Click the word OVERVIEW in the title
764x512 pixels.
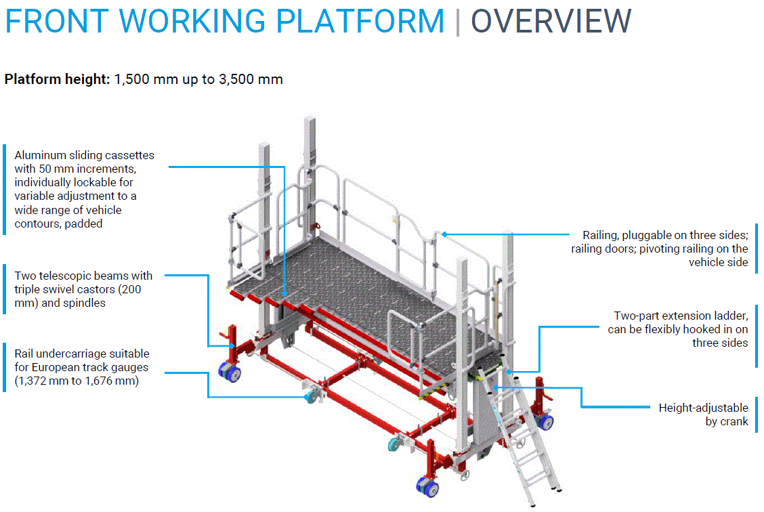coord(551,22)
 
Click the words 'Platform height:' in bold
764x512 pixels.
coord(57,79)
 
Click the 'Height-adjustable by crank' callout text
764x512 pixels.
coord(704,414)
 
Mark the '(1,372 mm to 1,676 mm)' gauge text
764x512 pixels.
coord(77,381)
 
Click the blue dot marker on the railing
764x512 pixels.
coord(444,234)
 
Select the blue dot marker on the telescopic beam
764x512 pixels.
coord(232,346)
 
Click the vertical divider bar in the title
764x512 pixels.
coord(458,22)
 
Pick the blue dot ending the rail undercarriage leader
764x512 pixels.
coord(307,397)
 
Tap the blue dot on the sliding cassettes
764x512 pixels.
coord(285,293)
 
